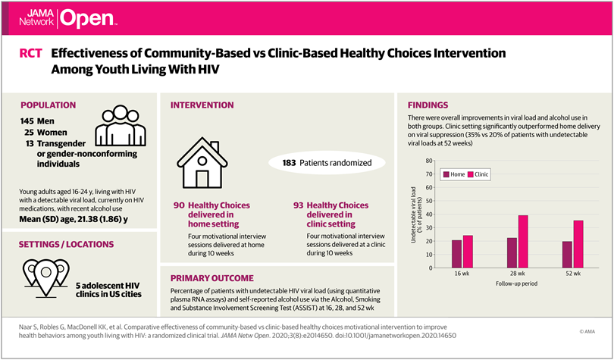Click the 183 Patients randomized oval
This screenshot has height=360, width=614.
[327, 163]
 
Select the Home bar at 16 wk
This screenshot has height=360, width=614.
[456, 254]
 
